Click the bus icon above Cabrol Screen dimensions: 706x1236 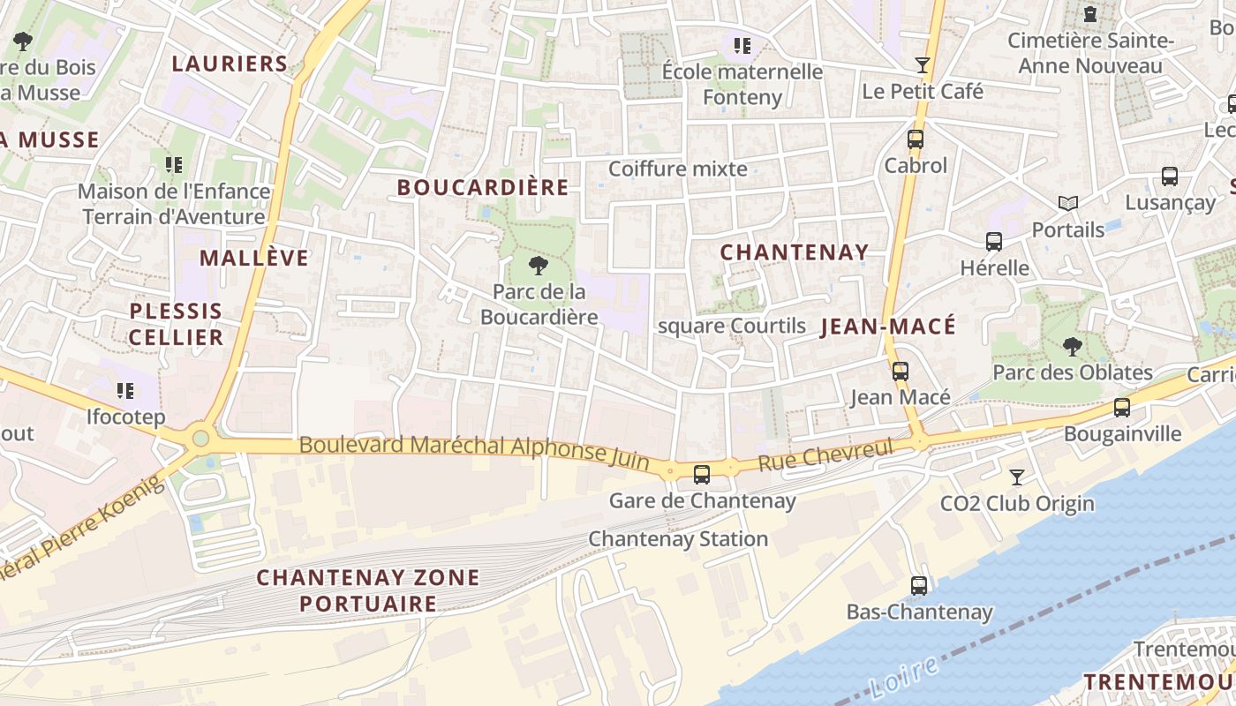click(916, 139)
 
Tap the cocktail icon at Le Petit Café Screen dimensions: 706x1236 click(923, 64)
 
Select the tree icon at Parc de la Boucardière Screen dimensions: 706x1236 click(537, 265)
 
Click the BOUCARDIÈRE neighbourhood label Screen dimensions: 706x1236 click(483, 188)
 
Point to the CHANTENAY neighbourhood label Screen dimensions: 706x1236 click(795, 252)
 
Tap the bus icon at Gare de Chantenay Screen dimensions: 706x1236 click(702, 475)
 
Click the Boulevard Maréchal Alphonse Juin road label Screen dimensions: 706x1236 click(474, 449)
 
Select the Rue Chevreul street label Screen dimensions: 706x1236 click(825, 456)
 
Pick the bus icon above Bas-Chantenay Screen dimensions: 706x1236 click(919, 586)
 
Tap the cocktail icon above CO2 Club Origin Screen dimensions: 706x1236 click(1017, 477)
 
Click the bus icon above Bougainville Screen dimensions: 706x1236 click(1122, 408)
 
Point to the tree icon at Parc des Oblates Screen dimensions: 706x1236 click(1073, 346)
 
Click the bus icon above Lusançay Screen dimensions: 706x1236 click(1170, 176)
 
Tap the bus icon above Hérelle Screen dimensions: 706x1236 click(994, 242)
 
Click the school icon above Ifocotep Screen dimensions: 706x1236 click(125, 390)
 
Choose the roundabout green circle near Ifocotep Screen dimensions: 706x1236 click(201, 438)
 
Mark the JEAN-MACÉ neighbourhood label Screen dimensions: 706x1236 click(888, 327)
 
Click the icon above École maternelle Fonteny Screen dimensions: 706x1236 click(742, 45)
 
